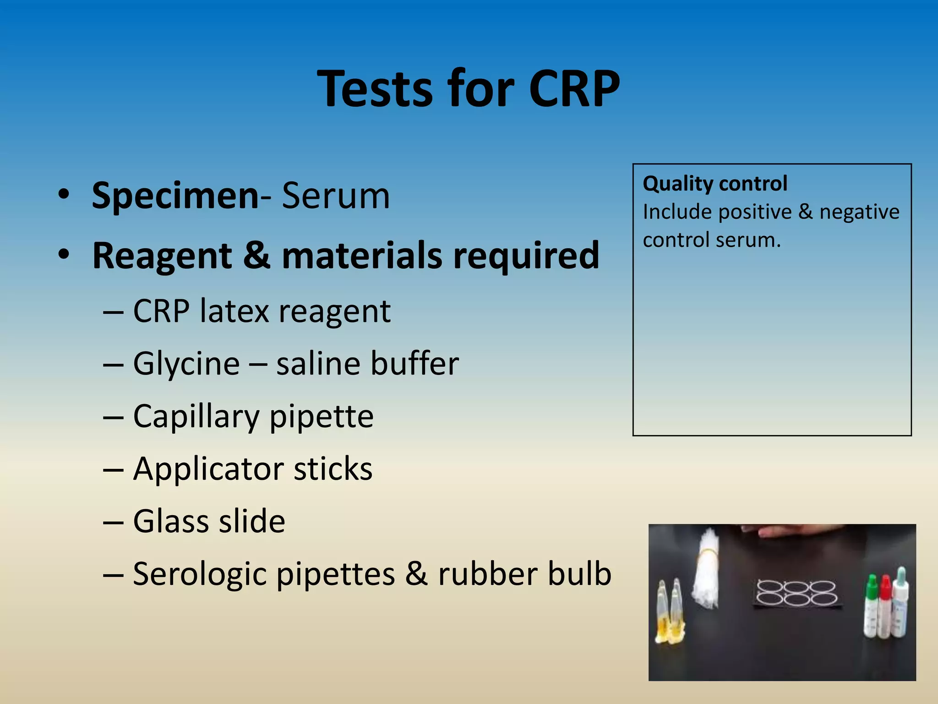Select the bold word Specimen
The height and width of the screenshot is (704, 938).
click(x=175, y=196)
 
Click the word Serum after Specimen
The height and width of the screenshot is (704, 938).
click(x=336, y=196)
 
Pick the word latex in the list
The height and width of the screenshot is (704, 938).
click(x=234, y=311)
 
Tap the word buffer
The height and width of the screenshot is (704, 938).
click(x=414, y=363)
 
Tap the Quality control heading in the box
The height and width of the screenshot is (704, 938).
click(x=715, y=183)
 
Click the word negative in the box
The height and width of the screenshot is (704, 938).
click(x=859, y=212)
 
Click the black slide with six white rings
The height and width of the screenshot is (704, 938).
click(x=797, y=594)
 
